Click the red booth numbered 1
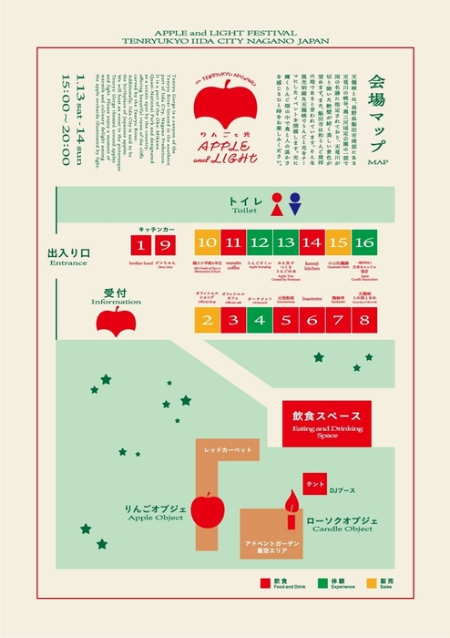tap(139, 243)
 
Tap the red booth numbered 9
tap(164, 243)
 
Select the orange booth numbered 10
tap(206, 243)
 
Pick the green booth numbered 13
tap(285, 243)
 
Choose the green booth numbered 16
tap(364, 243)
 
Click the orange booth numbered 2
tap(206, 320)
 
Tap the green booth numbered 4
tap(259, 320)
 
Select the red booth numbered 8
tap(364, 320)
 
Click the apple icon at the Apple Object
tap(209, 508)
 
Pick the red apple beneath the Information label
tap(116, 319)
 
